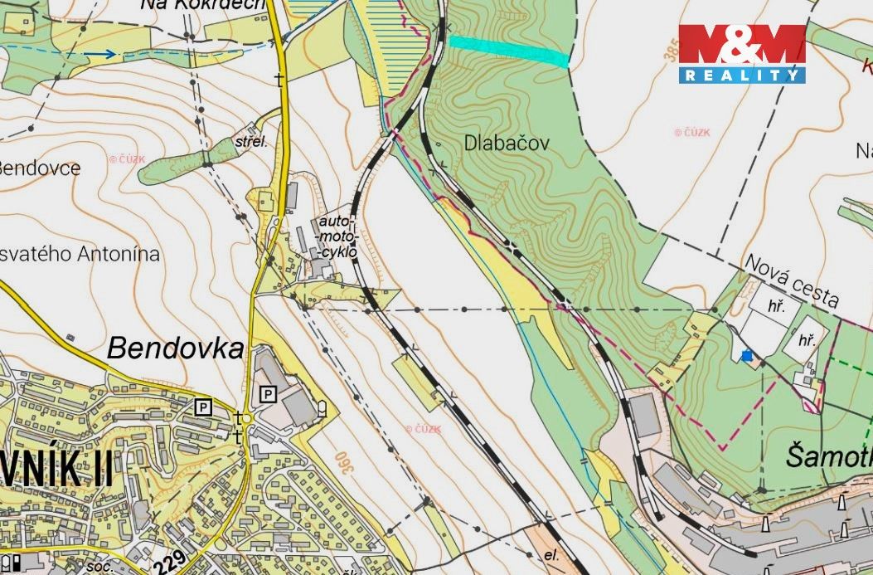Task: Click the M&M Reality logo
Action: (x=742, y=53)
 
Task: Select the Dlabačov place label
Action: (x=507, y=143)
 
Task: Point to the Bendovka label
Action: (x=176, y=348)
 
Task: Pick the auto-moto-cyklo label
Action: (x=337, y=236)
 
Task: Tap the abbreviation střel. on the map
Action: (x=252, y=142)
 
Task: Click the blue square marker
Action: (x=747, y=356)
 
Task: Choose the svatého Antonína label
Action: (x=80, y=254)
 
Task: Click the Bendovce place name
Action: (x=40, y=168)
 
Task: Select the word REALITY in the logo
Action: (x=742, y=76)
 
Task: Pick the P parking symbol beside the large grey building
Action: (x=268, y=394)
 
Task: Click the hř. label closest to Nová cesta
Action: (x=776, y=306)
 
